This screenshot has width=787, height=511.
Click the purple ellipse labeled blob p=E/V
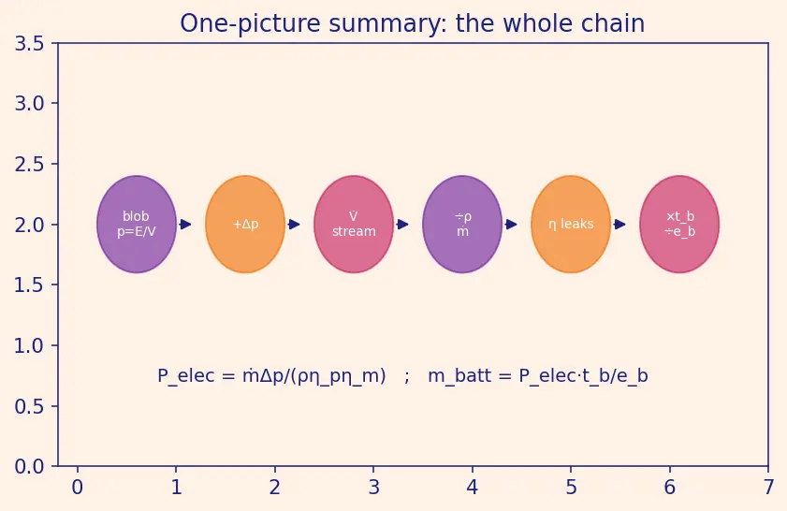click(x=137, y=225)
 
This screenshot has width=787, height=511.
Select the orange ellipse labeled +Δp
click(x=245, y=225)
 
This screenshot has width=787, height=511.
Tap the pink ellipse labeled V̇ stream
click(x=354, y=225)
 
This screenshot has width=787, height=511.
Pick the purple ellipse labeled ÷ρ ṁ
click(x=462, y=225)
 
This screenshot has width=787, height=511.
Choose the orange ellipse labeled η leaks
click(x=571, y=225)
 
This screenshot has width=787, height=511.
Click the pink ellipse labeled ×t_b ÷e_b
click(x=679, y=225)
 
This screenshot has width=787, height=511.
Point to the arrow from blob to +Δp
click(x=184, y=225)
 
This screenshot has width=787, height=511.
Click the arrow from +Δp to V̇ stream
click(x=293, y=225)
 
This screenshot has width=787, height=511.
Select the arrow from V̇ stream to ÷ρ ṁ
click(x=401, y=225)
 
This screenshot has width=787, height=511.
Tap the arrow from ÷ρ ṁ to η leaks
click(x=510, y=225)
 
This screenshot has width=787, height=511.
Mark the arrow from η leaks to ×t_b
click(x=619, y=225)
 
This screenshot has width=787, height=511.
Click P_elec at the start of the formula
click(x=186, y=376)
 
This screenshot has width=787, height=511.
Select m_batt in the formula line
click(x=459, y=376)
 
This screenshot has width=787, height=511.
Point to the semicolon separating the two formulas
click(x=406, y=377)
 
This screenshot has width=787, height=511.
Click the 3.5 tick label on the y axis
click(x=29, y=44)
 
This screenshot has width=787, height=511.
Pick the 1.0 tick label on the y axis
click(x=29, y=346)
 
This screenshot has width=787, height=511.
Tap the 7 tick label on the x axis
click(x=768, y=487)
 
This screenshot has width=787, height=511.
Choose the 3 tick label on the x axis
click(x=373, y=487)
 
